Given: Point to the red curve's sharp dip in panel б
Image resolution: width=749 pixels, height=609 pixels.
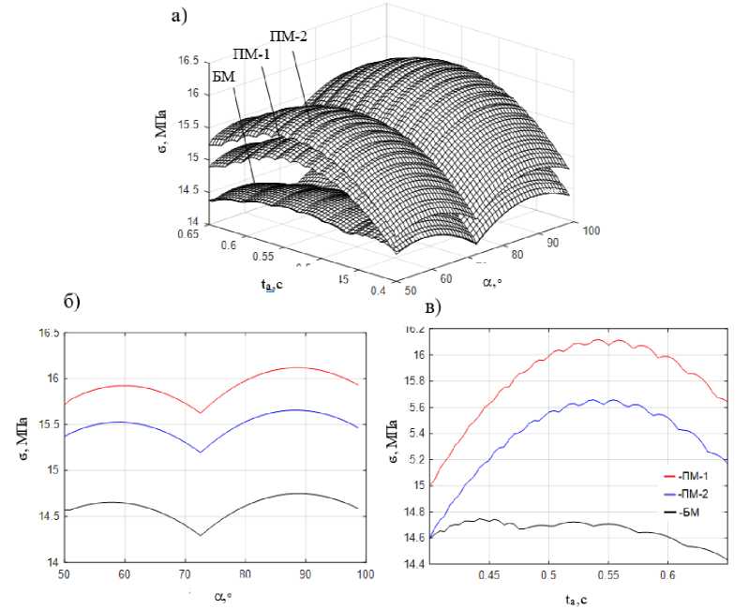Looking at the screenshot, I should [200, 412].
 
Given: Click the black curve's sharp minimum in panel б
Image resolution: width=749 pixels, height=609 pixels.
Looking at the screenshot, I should [200, 535].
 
